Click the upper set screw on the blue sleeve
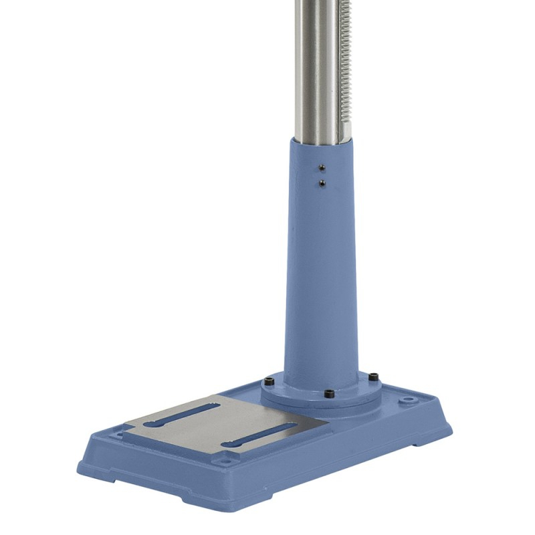click(x=322, y=168)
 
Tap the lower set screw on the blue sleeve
click(x=322, y=182)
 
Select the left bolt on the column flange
click(x=269, y=382)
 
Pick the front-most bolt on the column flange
click(x=328, y=395)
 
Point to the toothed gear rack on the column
click(x=345, y=67)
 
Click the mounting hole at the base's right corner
click(x=407, y=402)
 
